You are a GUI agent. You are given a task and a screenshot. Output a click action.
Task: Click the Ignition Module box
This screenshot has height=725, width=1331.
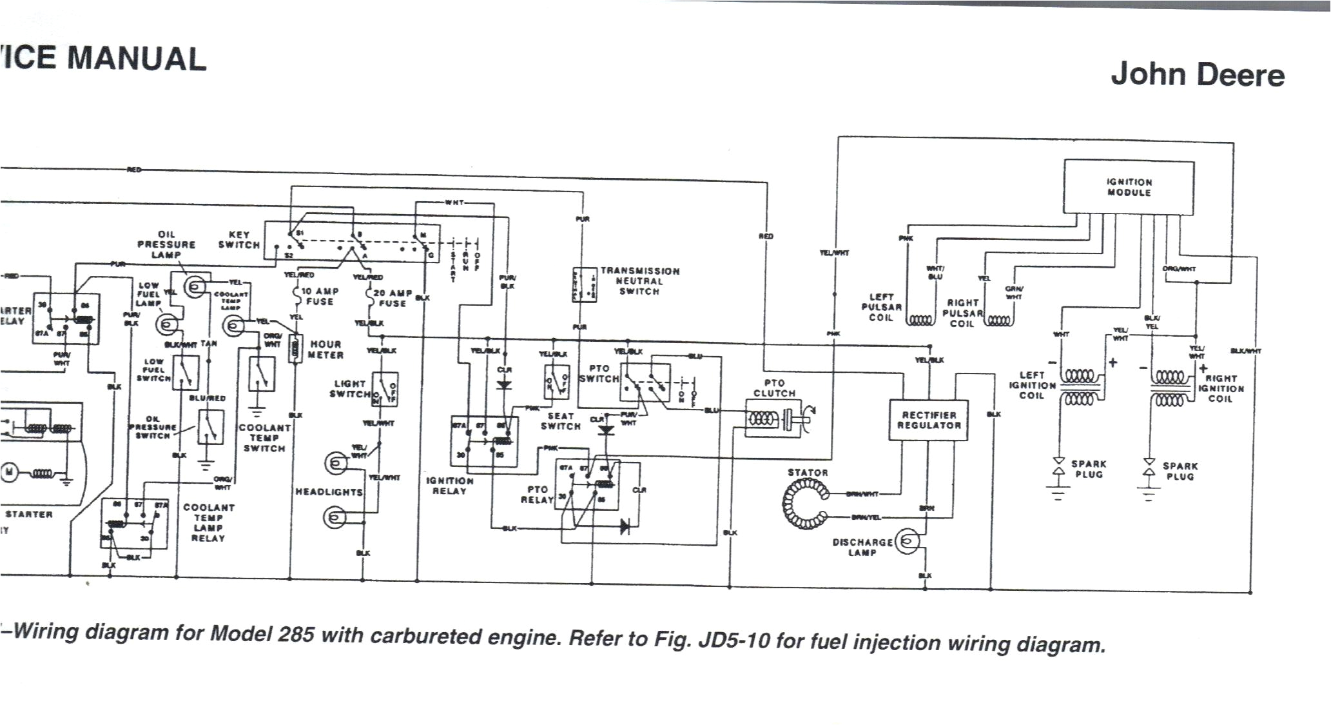pos(1128,187)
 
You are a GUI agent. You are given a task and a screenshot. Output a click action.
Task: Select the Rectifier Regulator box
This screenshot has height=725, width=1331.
pos(929,420)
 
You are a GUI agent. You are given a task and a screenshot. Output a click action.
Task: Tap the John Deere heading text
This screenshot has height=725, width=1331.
pos(1197,75)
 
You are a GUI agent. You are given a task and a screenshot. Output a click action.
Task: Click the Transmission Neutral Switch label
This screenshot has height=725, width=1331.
pos(639,281)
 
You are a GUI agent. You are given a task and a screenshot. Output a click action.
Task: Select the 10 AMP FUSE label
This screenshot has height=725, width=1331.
pos(319,297)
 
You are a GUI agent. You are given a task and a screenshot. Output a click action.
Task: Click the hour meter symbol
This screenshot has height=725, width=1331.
pos(296,349)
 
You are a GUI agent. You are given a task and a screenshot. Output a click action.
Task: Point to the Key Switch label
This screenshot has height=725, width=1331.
pos(238,240)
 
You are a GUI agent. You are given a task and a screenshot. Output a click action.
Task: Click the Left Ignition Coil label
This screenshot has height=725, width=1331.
pos(1031,385)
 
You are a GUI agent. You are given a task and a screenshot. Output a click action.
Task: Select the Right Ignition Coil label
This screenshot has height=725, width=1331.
pos(1221,388)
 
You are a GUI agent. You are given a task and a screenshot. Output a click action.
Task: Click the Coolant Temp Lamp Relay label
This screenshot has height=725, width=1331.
pos(208,522)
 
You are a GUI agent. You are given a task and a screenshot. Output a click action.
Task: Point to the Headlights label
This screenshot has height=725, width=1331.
pos(329,492)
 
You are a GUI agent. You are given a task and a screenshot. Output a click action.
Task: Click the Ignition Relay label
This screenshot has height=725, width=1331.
pos(449,486)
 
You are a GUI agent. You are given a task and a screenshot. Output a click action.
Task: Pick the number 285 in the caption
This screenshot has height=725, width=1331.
pos(296,635)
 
